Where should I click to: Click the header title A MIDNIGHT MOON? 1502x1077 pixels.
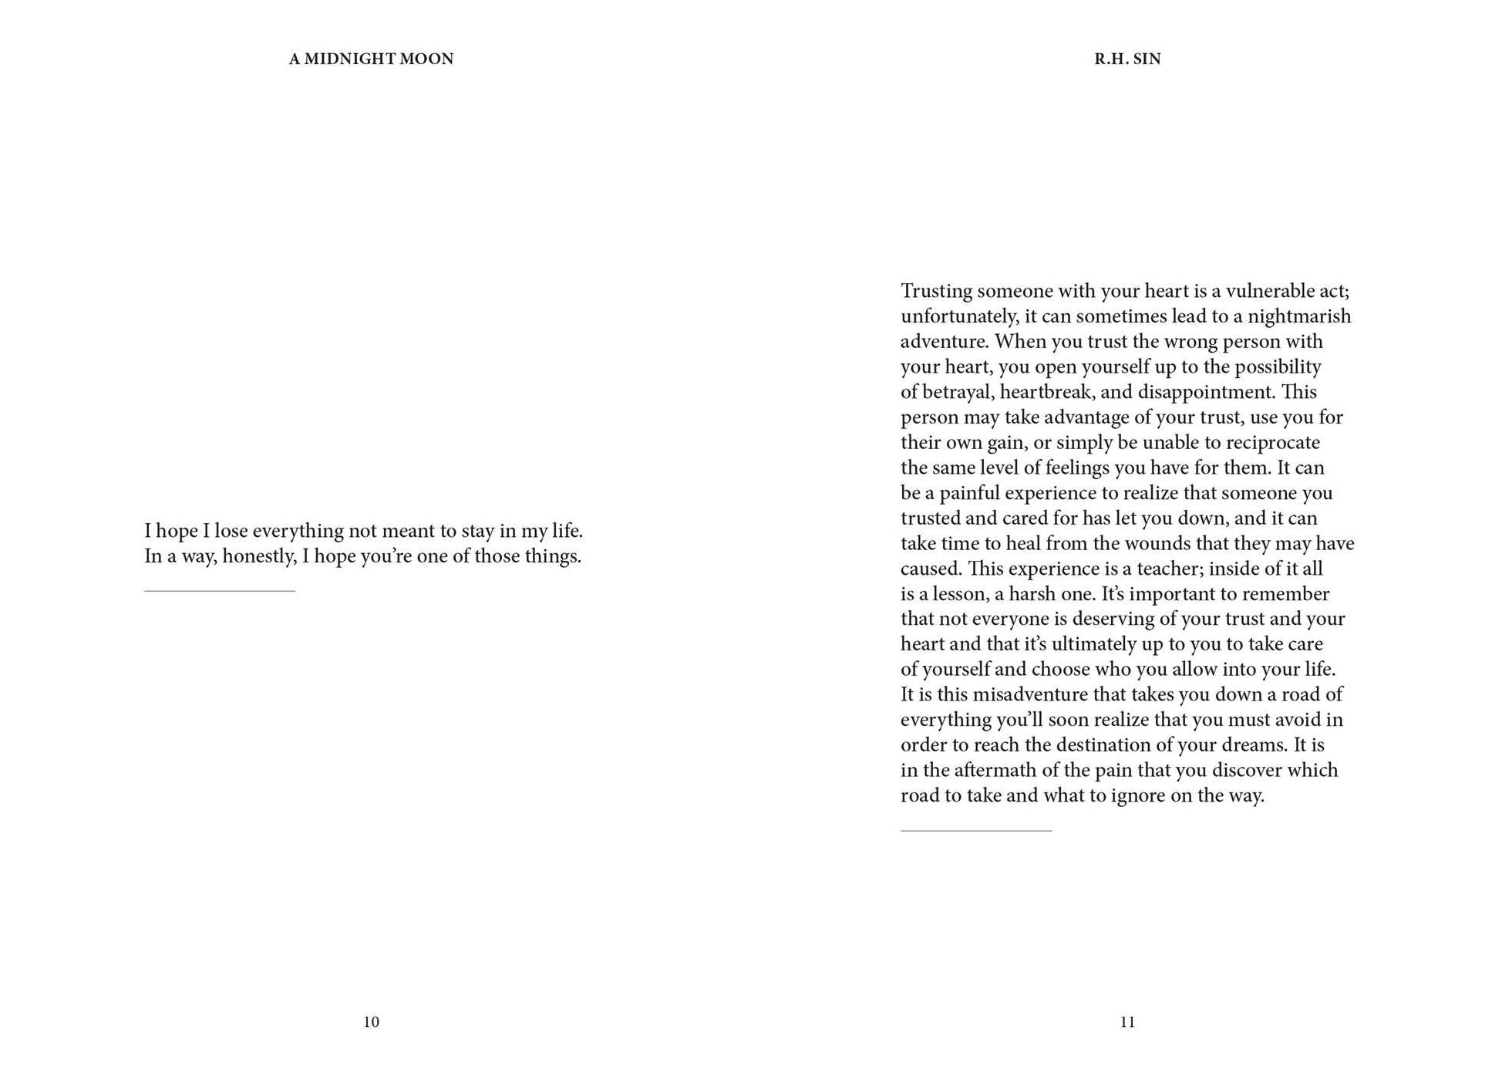pyautogui.click(x=371, y=59)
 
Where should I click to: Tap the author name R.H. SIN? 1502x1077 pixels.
pyautogui.click(x=1127, y=59)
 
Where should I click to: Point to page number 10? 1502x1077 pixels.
pyautogui.click(x=371, y=1021)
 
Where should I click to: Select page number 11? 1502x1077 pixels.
pyautogui.click(x=1127, y=1021)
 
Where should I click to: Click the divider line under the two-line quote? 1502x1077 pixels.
pyautogui.click(x=220, y=591)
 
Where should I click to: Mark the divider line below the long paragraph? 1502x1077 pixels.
pyautogui.click(x=976, y=831)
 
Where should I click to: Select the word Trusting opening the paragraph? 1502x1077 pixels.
pyautogui.click(x=935, y=291)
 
